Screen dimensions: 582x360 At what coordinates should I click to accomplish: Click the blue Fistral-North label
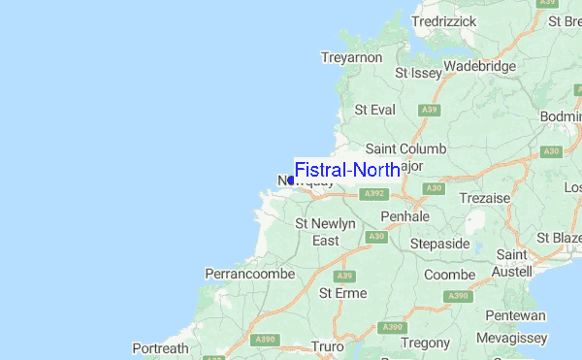(x=346, y=170)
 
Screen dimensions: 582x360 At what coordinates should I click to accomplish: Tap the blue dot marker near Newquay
(x=291, y=180)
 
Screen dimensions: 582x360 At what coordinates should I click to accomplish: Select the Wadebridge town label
(x=479, y=66)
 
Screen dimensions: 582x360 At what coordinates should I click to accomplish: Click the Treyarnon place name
(x=351, y=58)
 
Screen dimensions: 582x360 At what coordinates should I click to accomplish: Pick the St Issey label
(x=417, y=72)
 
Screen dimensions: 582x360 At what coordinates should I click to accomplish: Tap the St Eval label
(x=374, y=110)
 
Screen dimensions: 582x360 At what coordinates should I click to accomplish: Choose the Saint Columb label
(x=405, y=148)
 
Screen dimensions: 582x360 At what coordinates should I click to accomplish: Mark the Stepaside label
(x=440, y=243)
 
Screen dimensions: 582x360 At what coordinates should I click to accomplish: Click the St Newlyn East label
(x=325, y=232)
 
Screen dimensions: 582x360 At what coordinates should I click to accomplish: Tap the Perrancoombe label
(x=249, y=275)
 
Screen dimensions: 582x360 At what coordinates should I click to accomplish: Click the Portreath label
(x=160, y=347)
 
